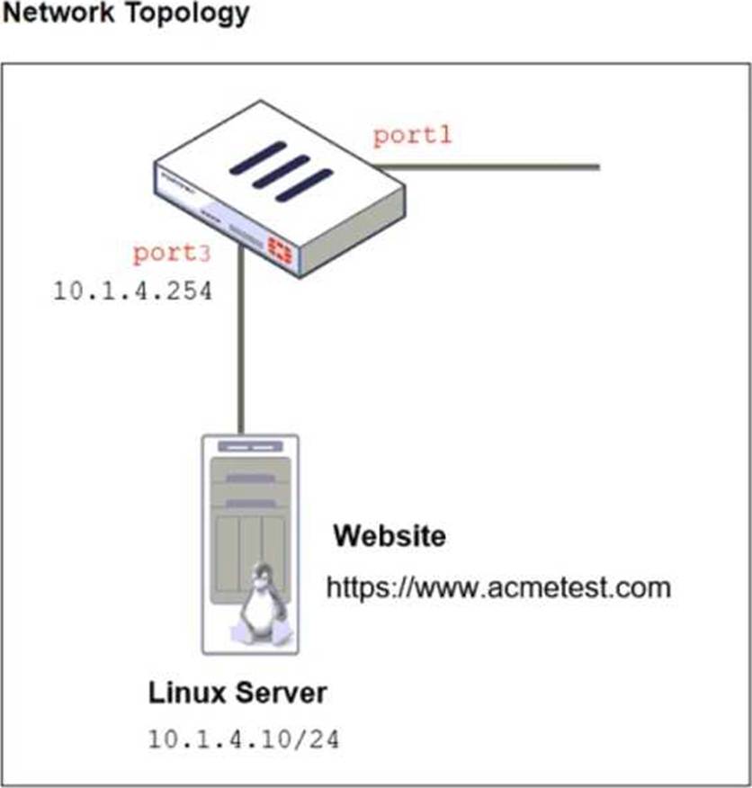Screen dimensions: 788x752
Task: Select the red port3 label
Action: click(172, 254)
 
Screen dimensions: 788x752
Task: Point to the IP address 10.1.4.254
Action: click(133, 292)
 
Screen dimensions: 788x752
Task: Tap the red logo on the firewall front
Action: click(280, 248)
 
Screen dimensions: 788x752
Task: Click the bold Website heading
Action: click(389, 537)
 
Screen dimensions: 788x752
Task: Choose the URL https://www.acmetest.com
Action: click(498, 588)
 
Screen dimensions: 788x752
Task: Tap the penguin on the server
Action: click(261, 603)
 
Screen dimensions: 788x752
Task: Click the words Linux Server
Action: click(237, 694)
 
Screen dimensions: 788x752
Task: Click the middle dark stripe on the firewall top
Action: click(281, 172)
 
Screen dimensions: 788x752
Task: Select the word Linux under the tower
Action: click(184, 694)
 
